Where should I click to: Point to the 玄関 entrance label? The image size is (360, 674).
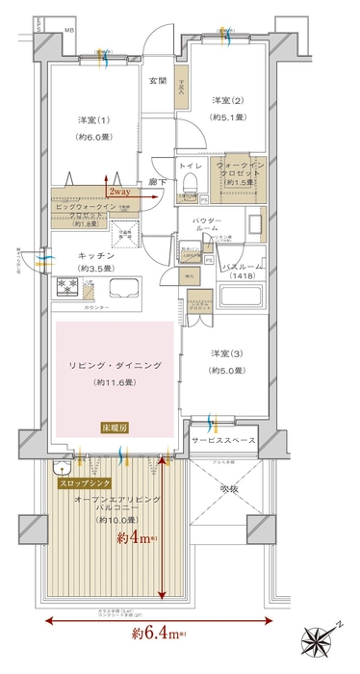point(156,80)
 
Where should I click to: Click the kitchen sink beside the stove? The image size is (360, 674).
point(125,289)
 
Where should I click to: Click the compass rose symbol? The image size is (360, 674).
point(325,637)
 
